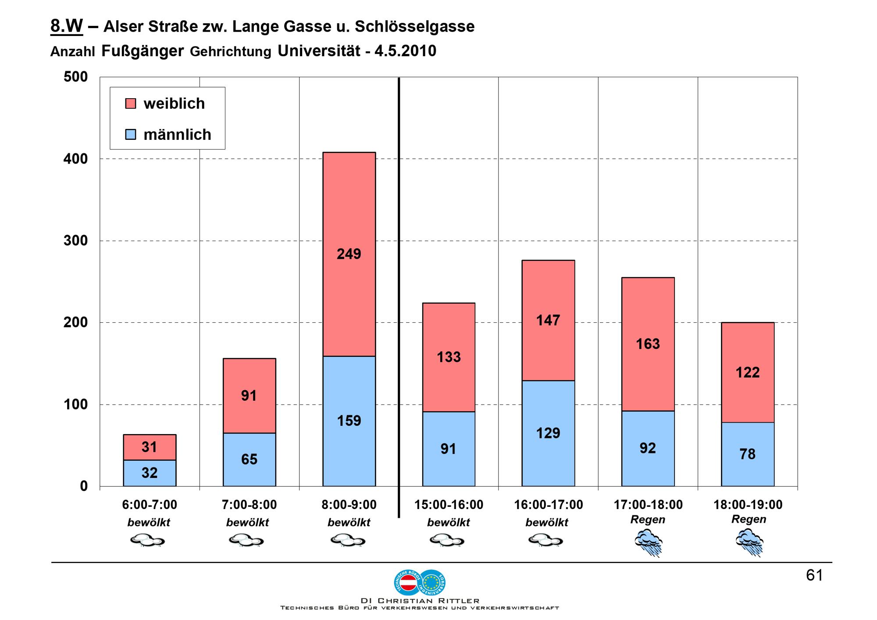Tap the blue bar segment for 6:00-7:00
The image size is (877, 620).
point(150,473)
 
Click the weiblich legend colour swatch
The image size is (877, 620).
point(131,103)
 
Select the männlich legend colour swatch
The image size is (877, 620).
point(131,134)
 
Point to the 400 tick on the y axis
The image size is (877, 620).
point(75,159)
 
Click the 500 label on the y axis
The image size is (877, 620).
point(75,77)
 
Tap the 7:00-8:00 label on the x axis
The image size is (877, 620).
point(249,505)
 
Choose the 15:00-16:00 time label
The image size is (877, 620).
point(449,505)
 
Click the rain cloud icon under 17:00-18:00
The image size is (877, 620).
point(648,542)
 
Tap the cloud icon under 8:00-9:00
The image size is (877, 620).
point(349,540)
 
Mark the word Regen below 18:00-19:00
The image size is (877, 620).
point(749,519)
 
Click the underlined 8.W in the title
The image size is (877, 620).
point(67,26)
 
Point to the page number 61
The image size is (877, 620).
point(814,575)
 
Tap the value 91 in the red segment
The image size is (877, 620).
point(249,396)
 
